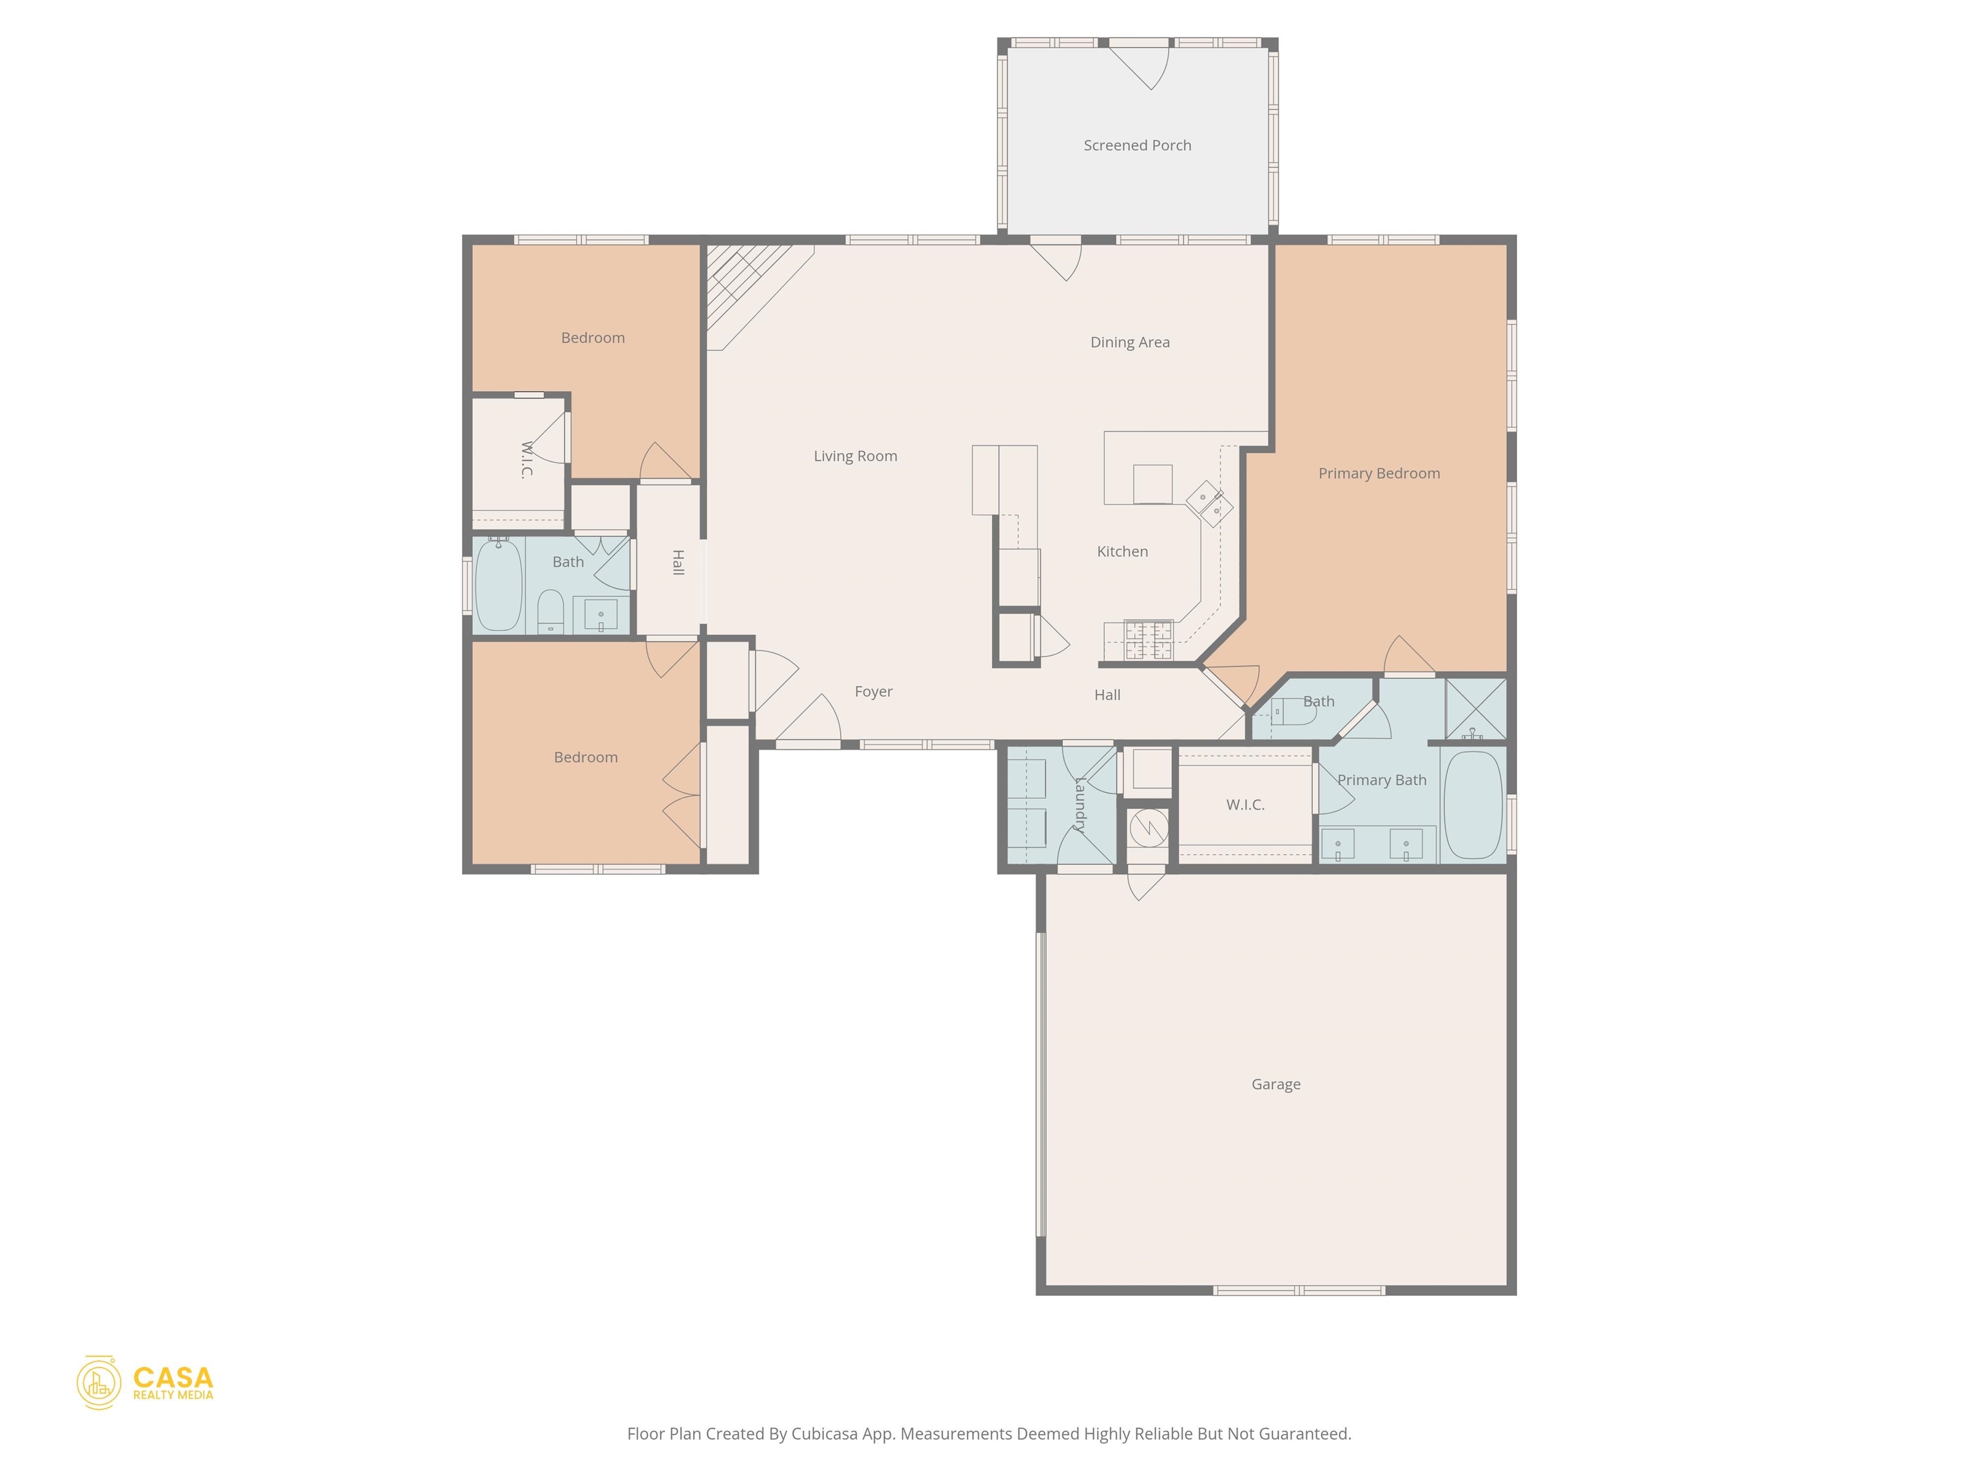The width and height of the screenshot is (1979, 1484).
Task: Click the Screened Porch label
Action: tap(1137, 145)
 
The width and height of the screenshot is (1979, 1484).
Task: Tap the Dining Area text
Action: tap(1130, 342)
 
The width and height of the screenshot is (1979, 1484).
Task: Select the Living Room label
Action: tap(856, 456)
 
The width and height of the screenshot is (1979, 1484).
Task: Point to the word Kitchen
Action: tap(1123, 551)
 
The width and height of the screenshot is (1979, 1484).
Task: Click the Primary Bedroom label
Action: tap(1379, 473)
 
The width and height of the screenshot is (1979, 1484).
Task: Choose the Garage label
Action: tap(1276, 1084)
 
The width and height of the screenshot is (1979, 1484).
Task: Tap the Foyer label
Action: tap(873, 692)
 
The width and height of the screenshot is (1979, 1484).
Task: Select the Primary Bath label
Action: tap(1381, 780)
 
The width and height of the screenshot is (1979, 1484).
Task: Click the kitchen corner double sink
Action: tap(1210, 504)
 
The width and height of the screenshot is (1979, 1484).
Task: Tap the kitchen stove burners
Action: tap(1149, 640)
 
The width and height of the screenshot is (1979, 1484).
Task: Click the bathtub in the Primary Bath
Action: tap(1473, 804)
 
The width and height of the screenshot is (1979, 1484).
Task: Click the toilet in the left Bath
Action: tap(550, 610)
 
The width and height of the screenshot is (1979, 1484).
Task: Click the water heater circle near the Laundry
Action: tap(1148, 828)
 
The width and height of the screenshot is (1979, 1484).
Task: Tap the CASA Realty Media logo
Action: tap(145, 1382)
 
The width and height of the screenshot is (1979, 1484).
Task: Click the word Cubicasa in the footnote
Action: tap(824, 1434)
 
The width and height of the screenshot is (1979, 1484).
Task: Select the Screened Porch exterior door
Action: tap(1138, 64)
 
